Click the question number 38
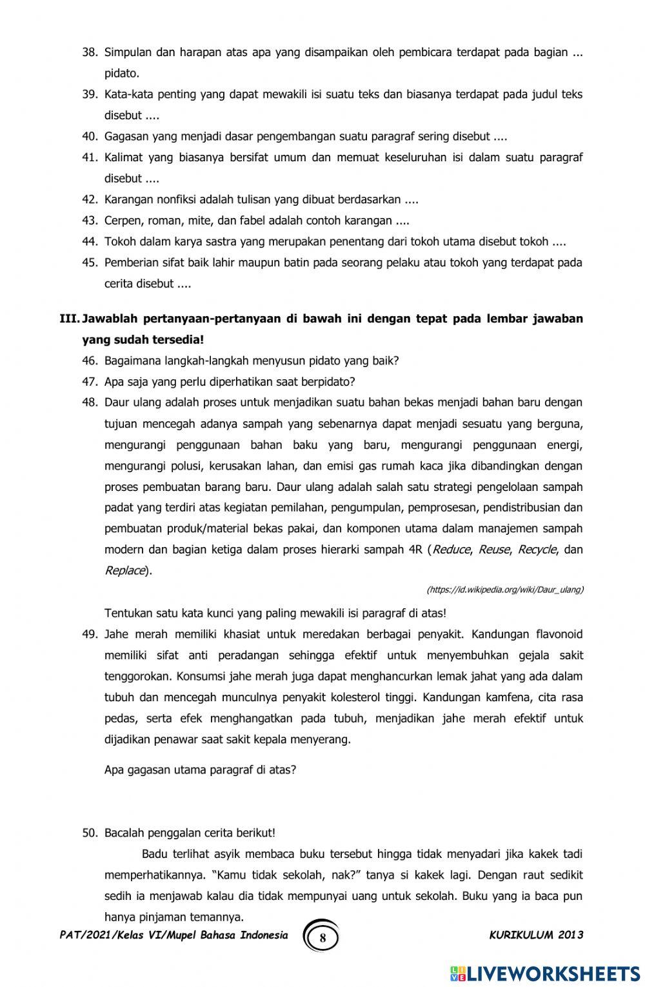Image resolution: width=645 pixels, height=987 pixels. coord(90,52)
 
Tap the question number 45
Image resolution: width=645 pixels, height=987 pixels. coord(90,263)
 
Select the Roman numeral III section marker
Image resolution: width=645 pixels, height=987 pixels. coord(69,319)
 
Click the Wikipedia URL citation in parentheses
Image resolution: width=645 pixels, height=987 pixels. coord(505,590)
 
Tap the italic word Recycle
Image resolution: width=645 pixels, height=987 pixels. coord(537,550)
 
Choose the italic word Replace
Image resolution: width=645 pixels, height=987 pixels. coord(124,571)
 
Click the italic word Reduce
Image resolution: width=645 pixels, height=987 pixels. coord(451,550)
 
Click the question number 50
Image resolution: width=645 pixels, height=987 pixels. coord(90,833)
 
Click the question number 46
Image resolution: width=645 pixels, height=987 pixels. coord(90,361)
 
